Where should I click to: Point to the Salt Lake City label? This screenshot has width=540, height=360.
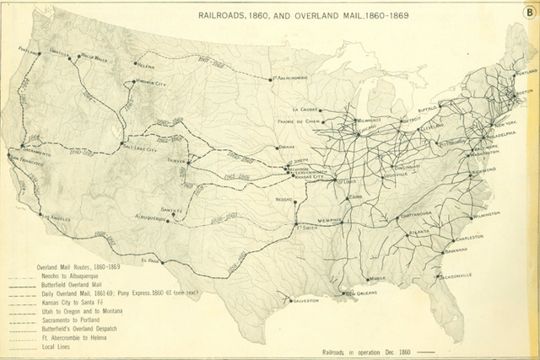pyautogui.click(x=140, y=146)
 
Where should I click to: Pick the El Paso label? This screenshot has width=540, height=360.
pyautogui.click(x=150, y=261)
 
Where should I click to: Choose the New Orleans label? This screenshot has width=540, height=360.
pyautogui.click(x=357, y=293)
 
